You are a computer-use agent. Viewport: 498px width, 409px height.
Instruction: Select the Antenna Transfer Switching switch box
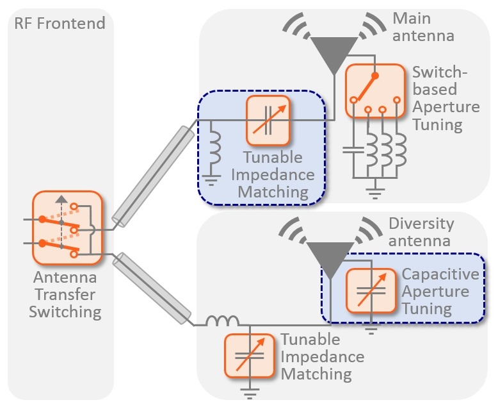pyautogui.click(x=67, y=228)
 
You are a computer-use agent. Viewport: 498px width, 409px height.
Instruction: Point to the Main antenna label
pyautogui.click(x=423, y=26)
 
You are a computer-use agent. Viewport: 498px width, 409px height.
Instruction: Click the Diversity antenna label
pyautogui.click(x=421, y=232)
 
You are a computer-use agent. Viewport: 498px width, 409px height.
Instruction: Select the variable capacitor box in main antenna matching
pyautogui.click(x=268, y=120)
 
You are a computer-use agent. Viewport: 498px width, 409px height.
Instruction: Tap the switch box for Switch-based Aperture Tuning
pyautogui.click(x=376, y=90)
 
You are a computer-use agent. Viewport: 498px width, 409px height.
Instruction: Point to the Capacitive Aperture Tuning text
pyautogui.click(x=440, y=292)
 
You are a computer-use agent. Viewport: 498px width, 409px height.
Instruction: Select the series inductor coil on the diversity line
pyautogui.click(x=221, y=321)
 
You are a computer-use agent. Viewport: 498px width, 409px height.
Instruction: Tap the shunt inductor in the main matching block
pyautogui.click(x=215, y=149)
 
